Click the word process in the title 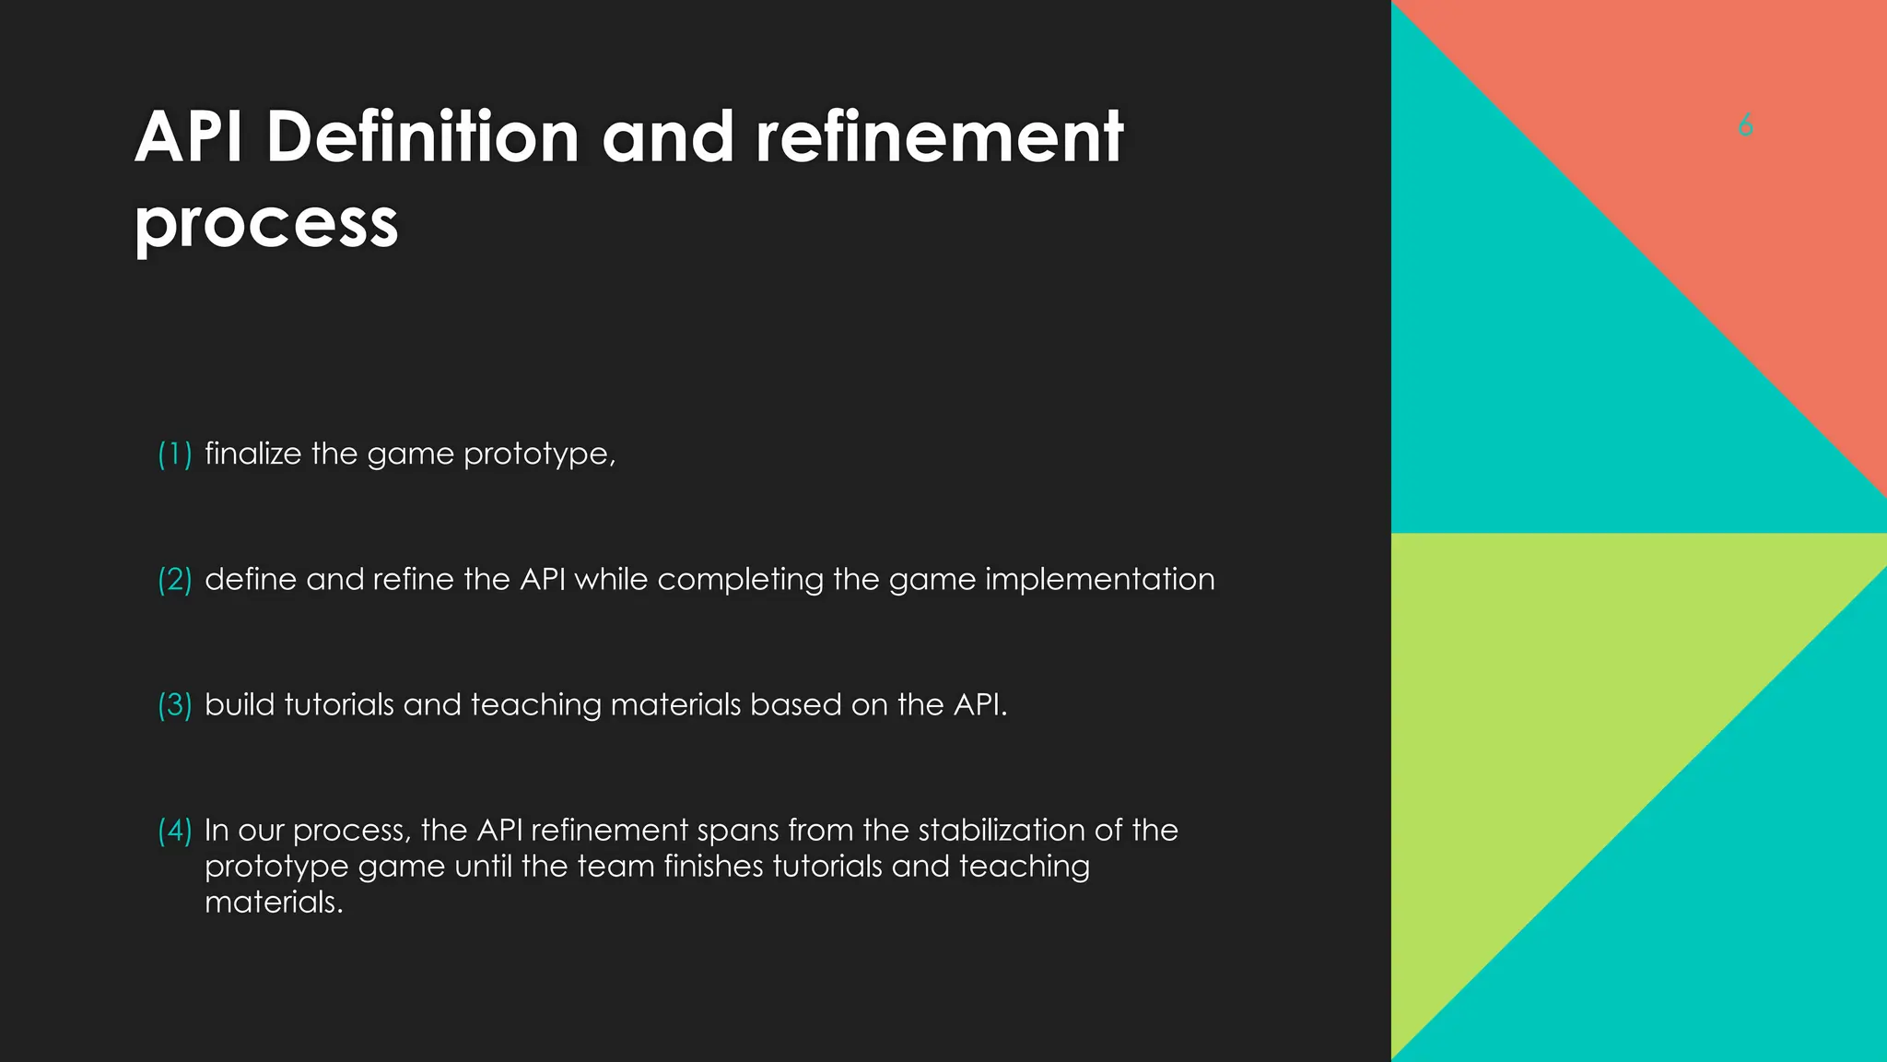266,222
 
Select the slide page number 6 1745,125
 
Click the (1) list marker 174,454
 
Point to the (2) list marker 174,579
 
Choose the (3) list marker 174,704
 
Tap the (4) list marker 174,830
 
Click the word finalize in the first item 252,454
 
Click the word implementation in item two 1099,580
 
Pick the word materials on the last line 273,902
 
